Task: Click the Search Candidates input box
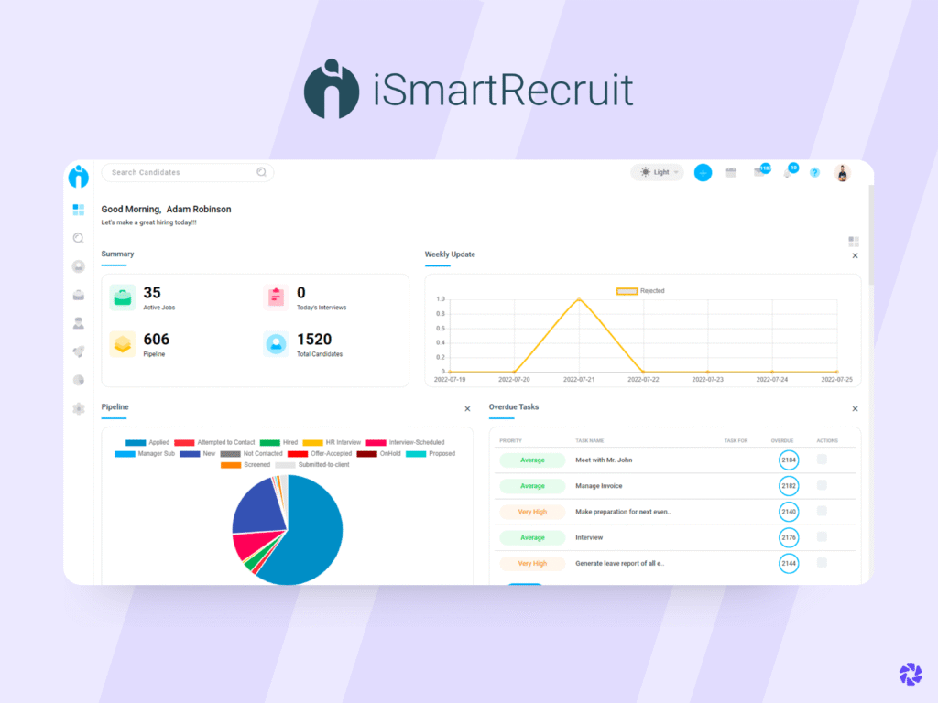pyautogui.click(x=183, y=172)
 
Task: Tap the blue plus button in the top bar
pyautogui.click(x=703, y=172)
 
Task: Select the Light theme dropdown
pyautogui.click(x=657, y=172)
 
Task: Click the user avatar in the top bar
pyautogui.click(x=842, y=172)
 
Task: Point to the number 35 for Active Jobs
pyautogui.click(x=152, y=293)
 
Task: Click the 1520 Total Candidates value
pyautogui.click(x=314, y=340)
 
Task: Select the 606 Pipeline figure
pyautogui.click(x=157, y=340)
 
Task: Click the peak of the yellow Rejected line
pyautogui.click(x=578, y=298)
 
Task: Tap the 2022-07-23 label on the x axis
pyautogui.click(x=707, y=379)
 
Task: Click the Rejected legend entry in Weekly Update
pyautogui.click(x=640, y=291)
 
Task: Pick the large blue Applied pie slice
pyautogui.click(x=307, y=540)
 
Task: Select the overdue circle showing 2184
pyautogui.click(x=788, y=460)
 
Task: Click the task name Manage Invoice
pyautogui.click(x=598, y=486)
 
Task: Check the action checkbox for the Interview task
pyautogui.click(x=822, y=536)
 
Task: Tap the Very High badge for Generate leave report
pyautogui.click(x=532, y=563)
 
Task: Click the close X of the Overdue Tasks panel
pyautogui.click(x=855, y=409)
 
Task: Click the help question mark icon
pyautogui.click(x=814, y=172)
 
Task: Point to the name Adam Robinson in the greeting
pyautogui.click(x=199, y=210)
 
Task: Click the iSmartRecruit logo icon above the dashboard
pyautogui.click(x=332, y=90)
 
